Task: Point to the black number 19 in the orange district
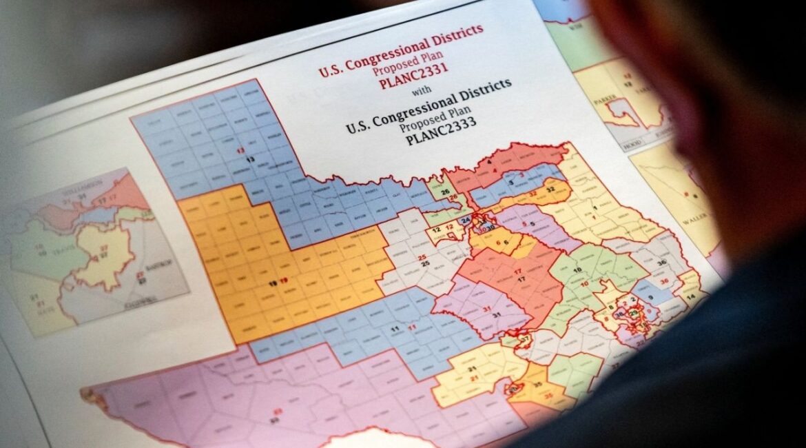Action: pos(273,283)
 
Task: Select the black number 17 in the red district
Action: pos(521,278)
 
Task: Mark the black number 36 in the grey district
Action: pos(662,263)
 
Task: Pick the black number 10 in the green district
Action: pos(577,270)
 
